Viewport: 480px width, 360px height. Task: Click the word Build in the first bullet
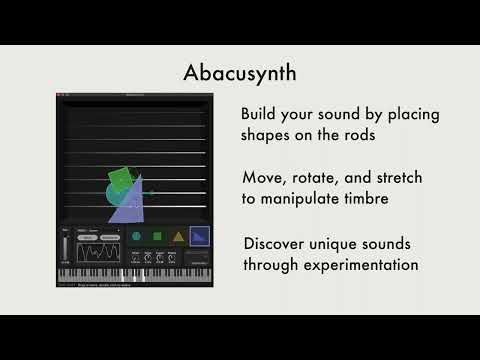pos(262,114)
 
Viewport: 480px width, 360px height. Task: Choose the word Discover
pos(280,244)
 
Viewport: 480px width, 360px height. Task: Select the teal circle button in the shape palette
pos(136,237)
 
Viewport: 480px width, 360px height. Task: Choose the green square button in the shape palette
pos(157,237)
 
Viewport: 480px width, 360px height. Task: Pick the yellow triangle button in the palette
pos(178,237)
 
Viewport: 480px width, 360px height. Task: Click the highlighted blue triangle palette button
pos(200,237)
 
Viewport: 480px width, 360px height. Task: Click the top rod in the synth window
pos(136,109)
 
